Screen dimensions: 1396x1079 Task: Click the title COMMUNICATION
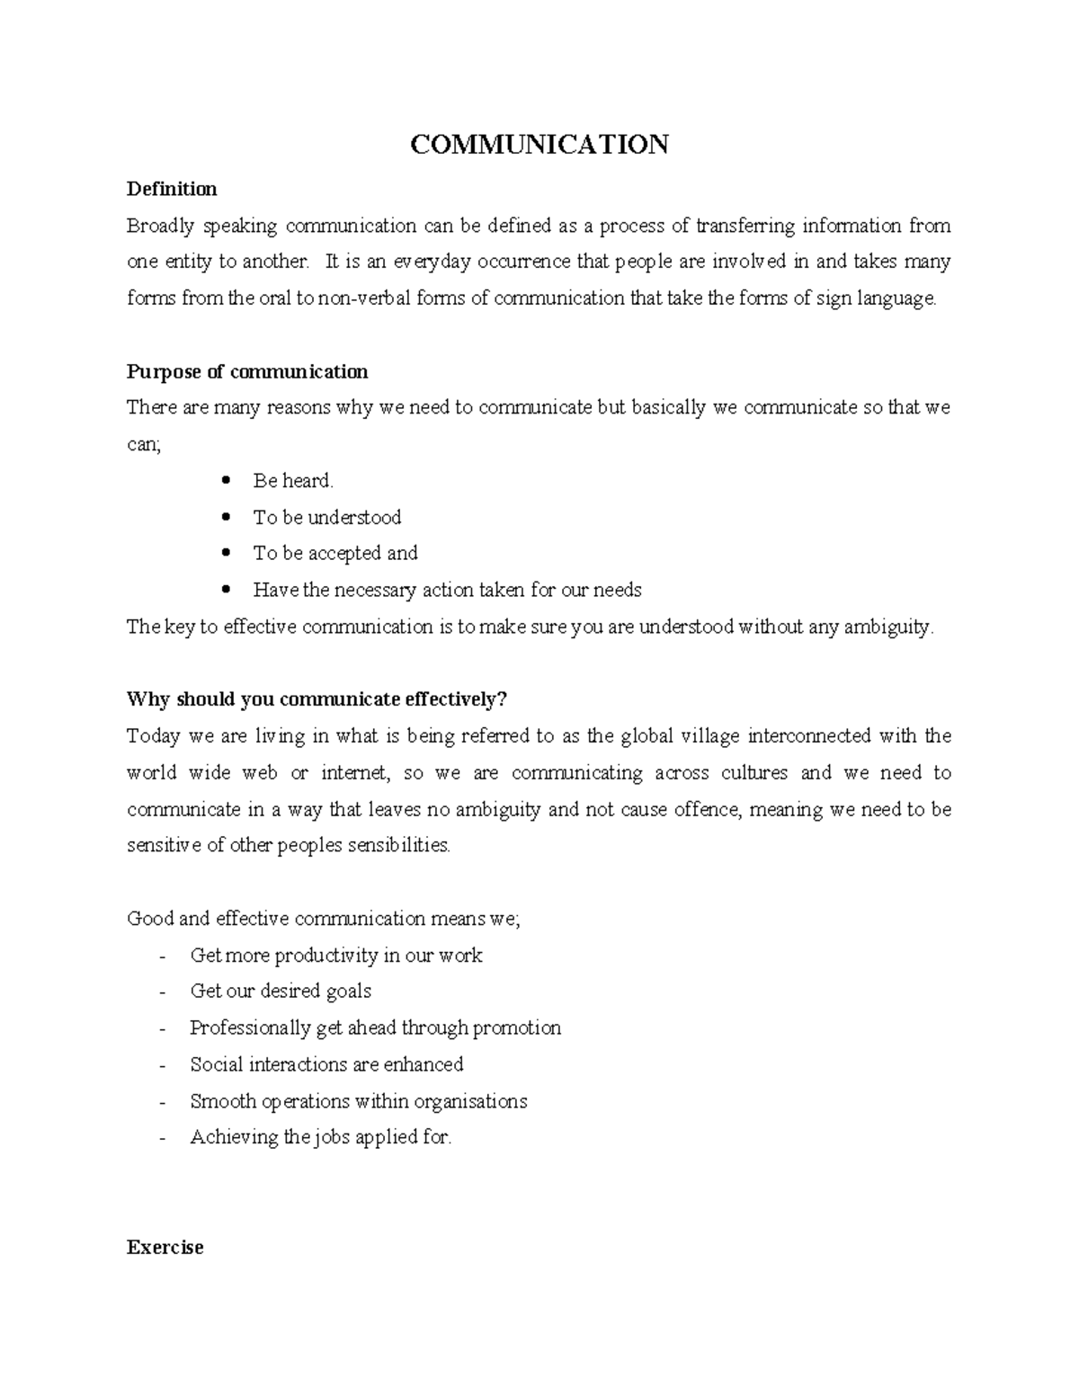click(x=539, y=145)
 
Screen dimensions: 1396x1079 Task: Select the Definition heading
click(x=172, y=189)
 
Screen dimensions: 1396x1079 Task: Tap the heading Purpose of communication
click(x=247, y=372)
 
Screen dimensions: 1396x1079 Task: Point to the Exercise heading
click(x=165, y=1248)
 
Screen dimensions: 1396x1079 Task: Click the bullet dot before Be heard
click(x=227, y=480)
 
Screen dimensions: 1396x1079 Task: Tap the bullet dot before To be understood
click(x=227, y=517)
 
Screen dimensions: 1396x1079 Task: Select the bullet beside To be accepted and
click(x=227, y=553)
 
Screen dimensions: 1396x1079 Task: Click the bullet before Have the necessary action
click(x=227, y=590)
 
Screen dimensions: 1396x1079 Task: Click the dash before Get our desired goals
click(x=163, y=992)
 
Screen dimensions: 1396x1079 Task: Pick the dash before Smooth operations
click(x=163, y=1102)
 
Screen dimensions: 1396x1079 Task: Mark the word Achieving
click(x=235, y=1138)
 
